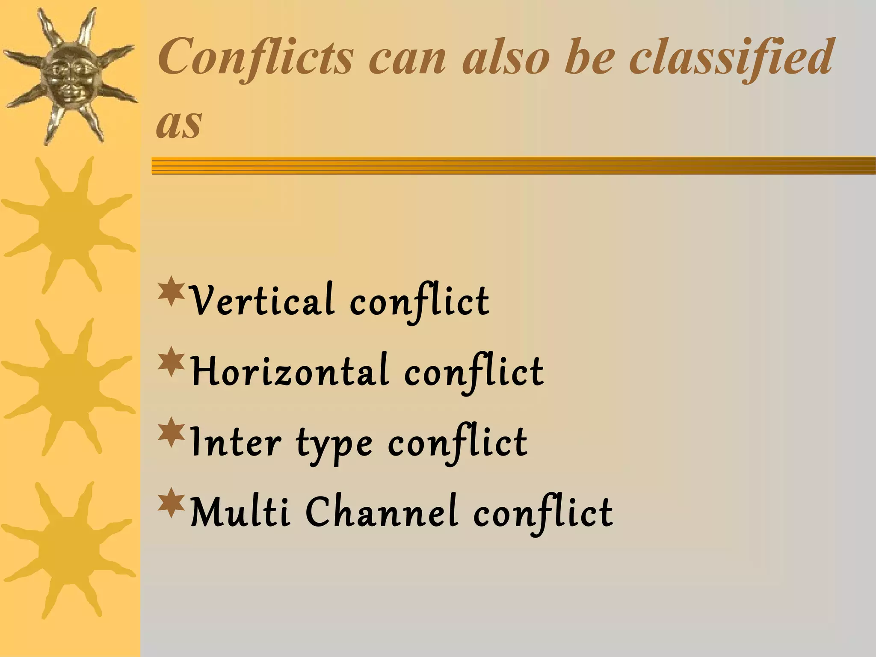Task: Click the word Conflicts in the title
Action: pyautogui.click(x=256, y=58)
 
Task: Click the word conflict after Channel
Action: pyautogui.click(x=543, y=514)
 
